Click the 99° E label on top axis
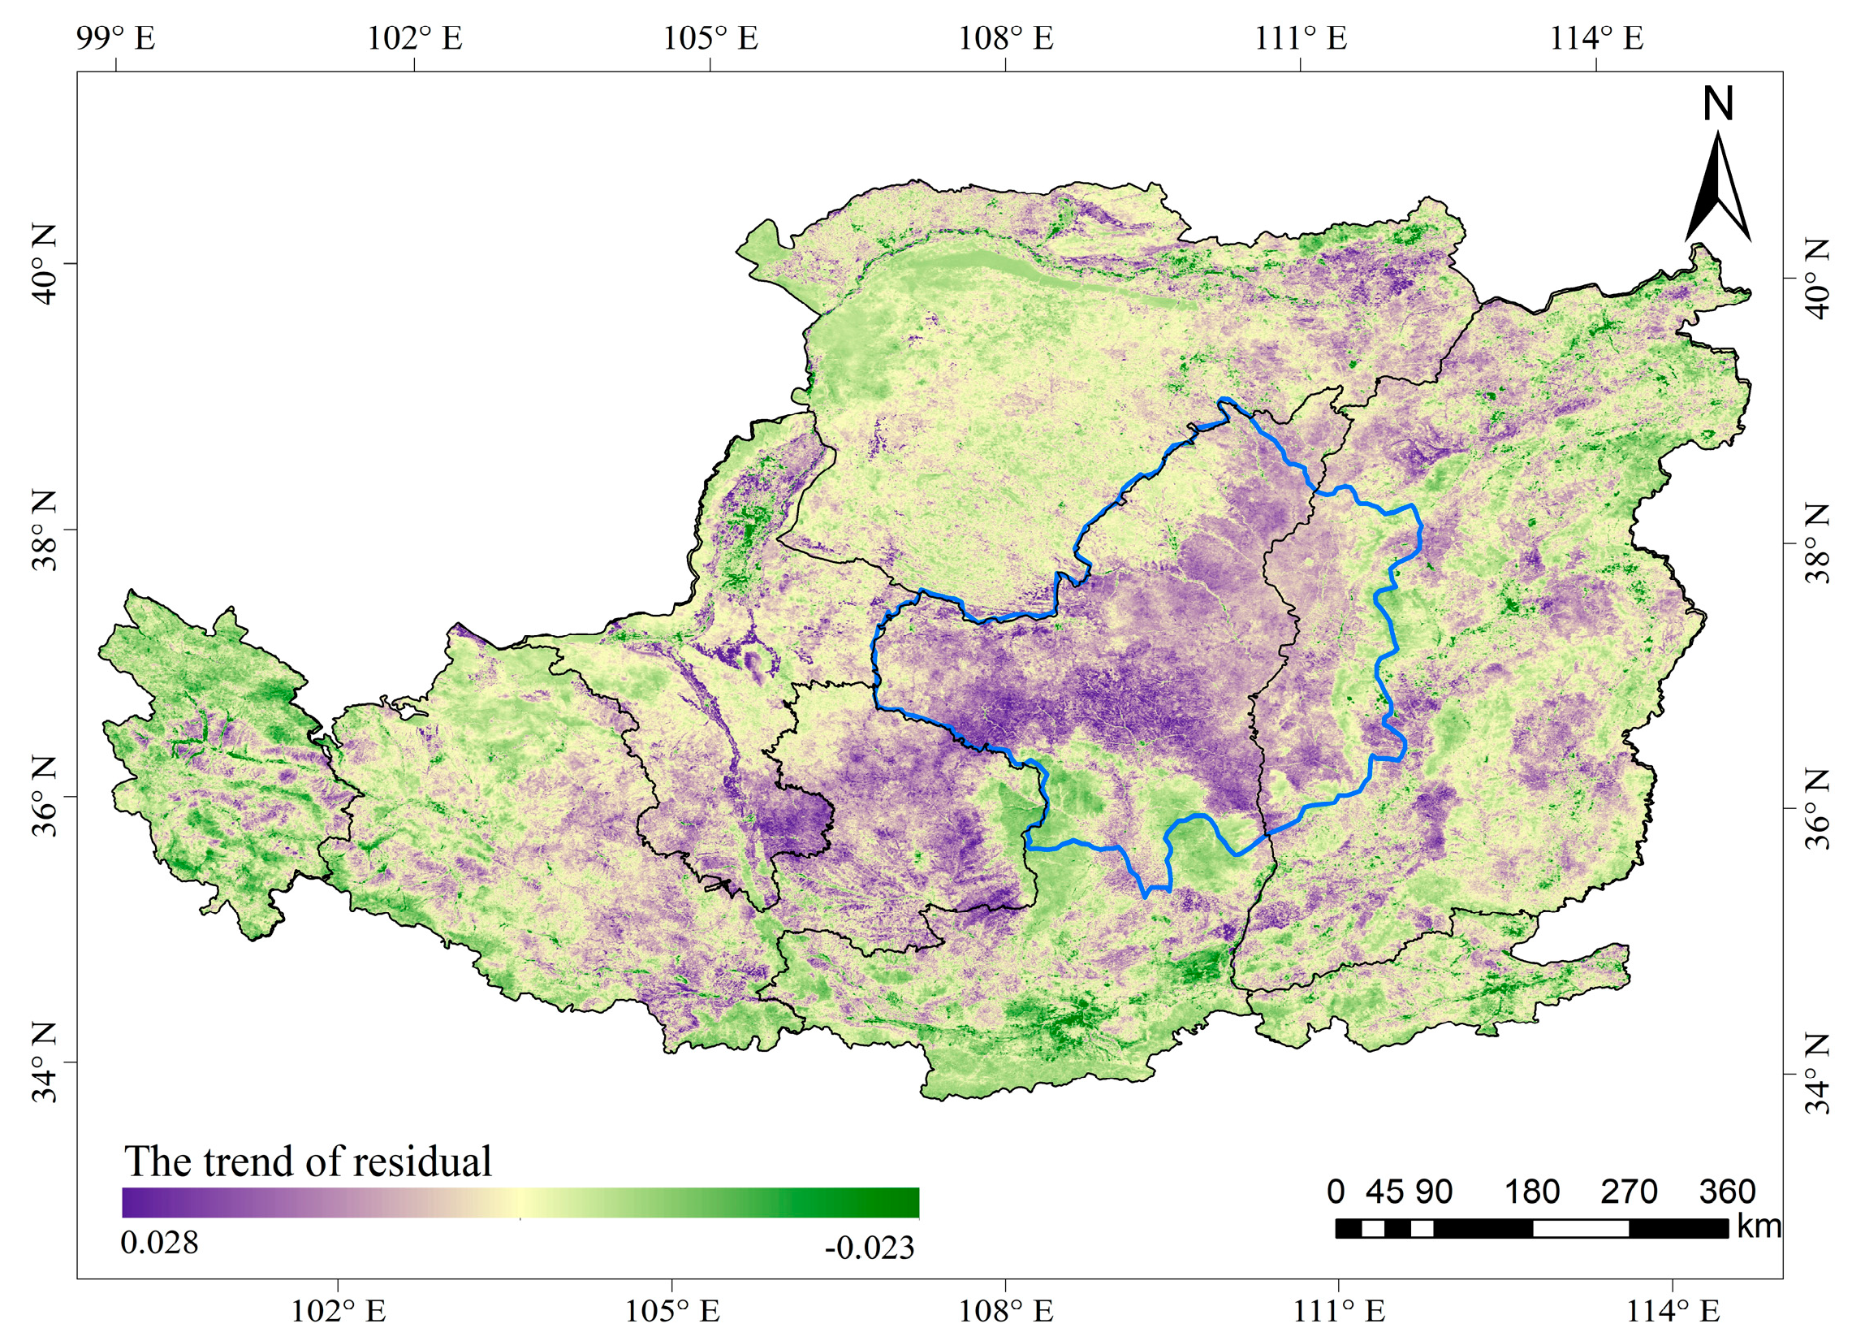pos(116,37)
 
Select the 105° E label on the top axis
pos(710,37)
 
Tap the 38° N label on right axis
pos(1818,543)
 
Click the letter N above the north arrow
pos(1718,105)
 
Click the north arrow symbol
pos(1718,192)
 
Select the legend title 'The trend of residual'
pos(308,1161)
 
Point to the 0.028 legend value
pos(159,1242)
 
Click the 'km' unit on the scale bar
pos(1759,1226)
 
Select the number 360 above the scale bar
pos(1727,1192)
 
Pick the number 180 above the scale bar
pos(1532,1192)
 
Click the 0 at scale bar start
pos(1336,1192)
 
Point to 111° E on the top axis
pos(1301,37)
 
